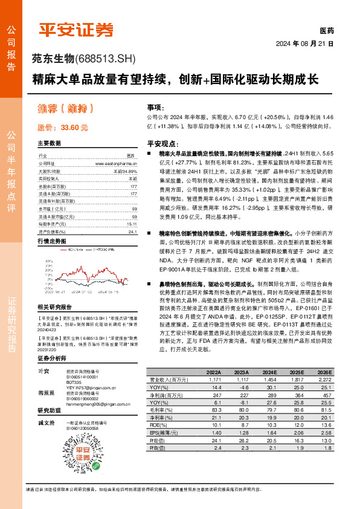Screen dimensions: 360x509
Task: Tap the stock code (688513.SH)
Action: click(x=106, y=59)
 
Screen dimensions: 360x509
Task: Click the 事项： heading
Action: click(x=156, y=105)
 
